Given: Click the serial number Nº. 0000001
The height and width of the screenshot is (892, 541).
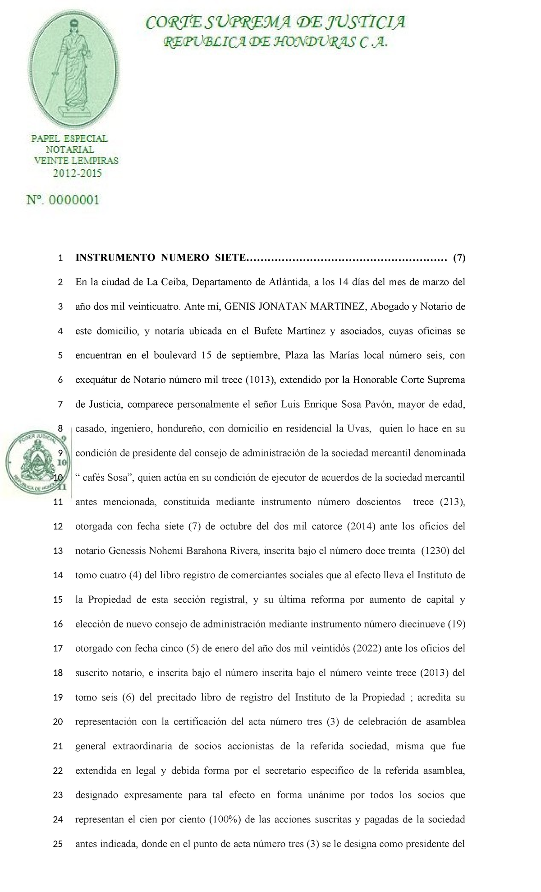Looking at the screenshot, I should [x=63, y=200].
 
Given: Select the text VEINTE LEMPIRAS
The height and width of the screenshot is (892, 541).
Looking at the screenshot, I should [x=76, y=161].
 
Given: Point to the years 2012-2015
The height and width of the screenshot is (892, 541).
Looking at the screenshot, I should [x=78, y=173].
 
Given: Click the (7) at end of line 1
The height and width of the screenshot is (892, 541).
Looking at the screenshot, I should [x=459, y=258].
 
